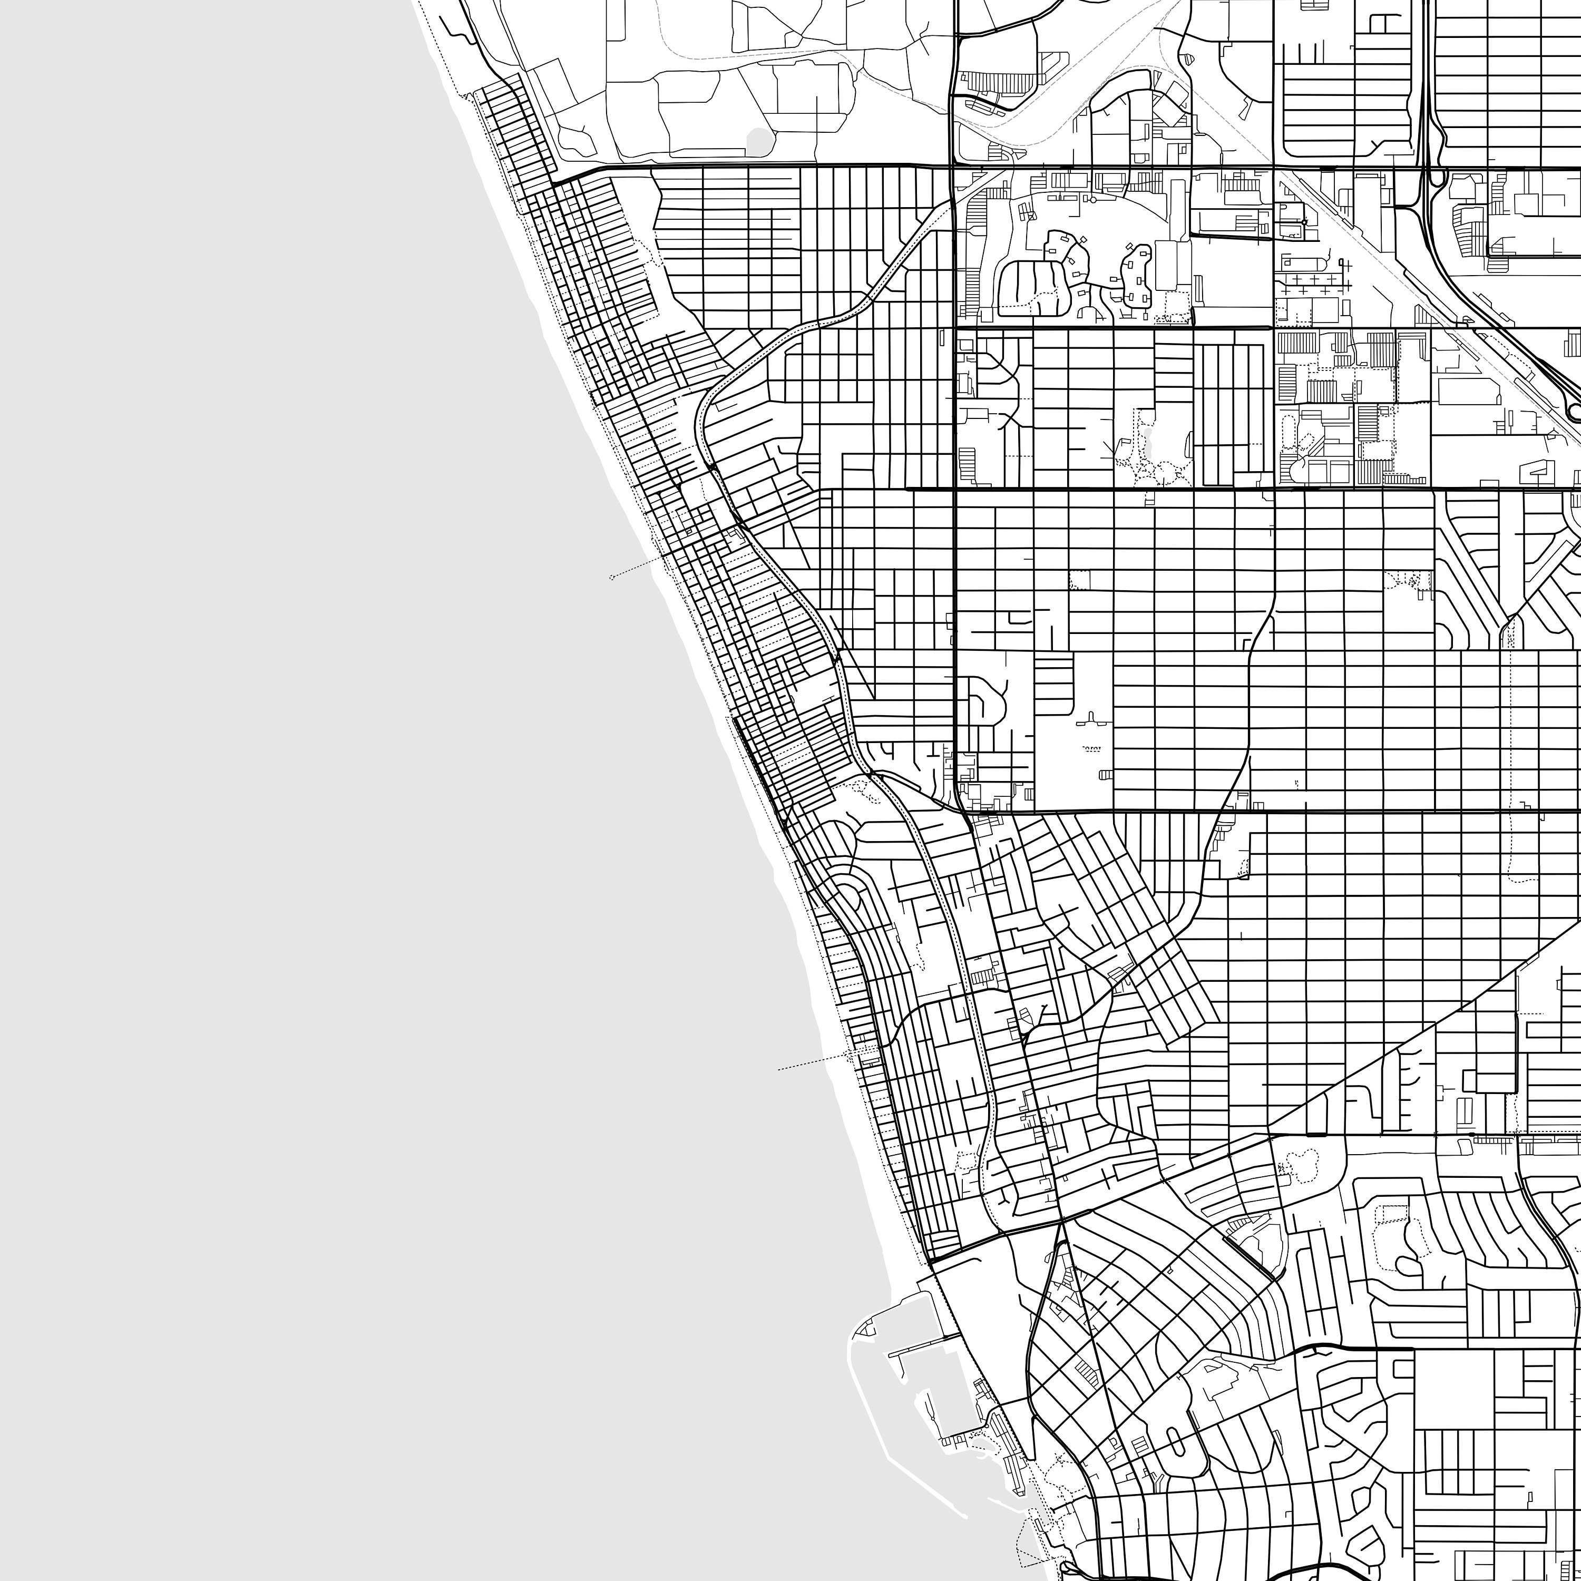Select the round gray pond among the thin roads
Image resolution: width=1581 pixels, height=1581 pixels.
pos(759,140)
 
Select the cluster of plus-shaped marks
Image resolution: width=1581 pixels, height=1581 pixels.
pos(1313,284)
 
